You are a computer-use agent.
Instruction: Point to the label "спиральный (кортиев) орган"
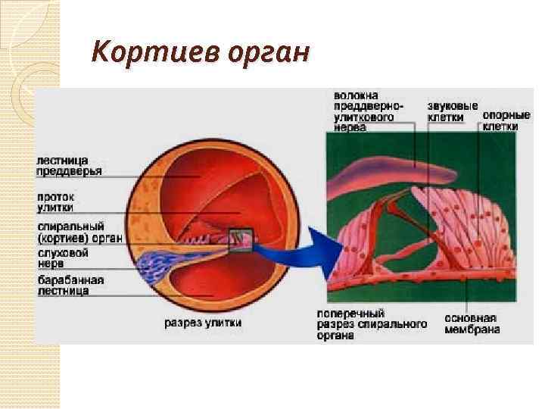click(x=79, y=232)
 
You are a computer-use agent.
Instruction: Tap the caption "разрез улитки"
click(x=203, y=322)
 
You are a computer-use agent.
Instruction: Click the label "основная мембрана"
click(x=471, y=323)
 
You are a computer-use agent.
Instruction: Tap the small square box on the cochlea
click(x=241, y=239)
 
